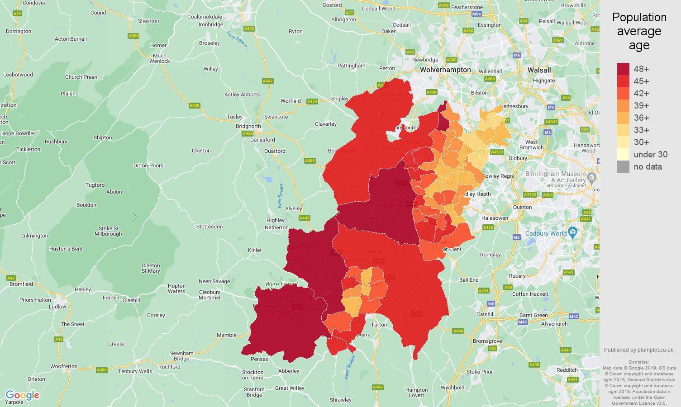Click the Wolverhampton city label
pos(445,70)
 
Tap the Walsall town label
pos(539,70)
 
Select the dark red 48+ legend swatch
pos(623,69)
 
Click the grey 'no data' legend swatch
pos(623,166)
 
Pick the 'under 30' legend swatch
pos(623,154)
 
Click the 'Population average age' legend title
pos(639,31)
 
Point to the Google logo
pos(22,395)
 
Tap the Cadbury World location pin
pos(573,232)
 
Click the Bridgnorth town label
pos(248,126)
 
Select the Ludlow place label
pos(57,307)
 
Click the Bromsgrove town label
pos(487,341)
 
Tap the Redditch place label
pos(567,370)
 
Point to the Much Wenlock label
pos(159,58)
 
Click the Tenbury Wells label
pos(135,371)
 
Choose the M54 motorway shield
pos(476,14)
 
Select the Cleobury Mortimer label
pos(210,295)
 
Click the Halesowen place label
pos(495,218)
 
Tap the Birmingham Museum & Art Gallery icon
pos(591,177)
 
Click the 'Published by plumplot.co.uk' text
pos(639,350)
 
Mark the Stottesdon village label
pos(209,227)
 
